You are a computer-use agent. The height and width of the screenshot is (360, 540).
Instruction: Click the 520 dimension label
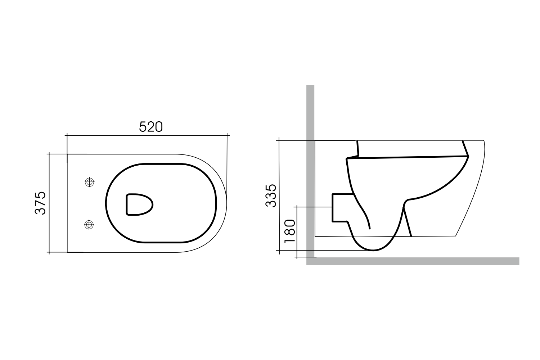[151, 127]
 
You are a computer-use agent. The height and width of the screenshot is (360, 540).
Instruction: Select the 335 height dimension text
[271, 195]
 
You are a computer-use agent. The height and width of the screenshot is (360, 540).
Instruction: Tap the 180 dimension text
[290, 231]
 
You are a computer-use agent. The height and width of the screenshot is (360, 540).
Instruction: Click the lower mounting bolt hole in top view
[89, 225]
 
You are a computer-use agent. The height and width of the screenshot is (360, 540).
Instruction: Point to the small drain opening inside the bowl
[139, 204]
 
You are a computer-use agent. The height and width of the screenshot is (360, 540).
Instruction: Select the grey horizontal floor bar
[414, 261]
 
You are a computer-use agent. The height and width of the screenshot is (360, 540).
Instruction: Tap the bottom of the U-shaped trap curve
[373, 250]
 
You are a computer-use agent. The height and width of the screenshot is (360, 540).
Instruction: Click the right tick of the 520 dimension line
[228, 136]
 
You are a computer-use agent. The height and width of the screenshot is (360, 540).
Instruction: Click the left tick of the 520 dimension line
[67, 136]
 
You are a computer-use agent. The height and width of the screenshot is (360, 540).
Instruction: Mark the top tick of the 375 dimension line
[49, 154]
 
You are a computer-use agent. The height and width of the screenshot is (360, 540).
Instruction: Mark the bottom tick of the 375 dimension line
[49, 252]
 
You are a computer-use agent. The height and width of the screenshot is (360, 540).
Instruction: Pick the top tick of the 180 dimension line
[296, 207]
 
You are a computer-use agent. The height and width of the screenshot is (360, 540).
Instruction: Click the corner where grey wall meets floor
[310, 261]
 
